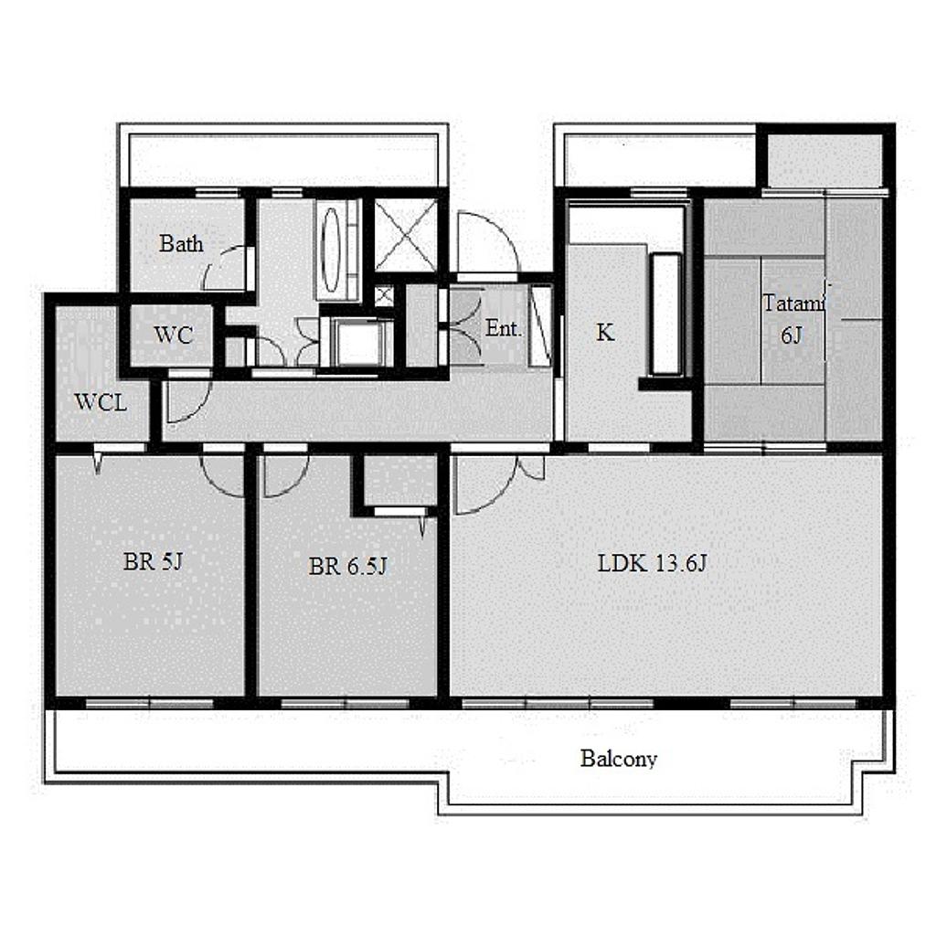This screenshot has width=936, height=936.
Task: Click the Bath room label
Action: [181, 243]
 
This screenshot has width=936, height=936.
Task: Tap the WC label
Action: [173, 335]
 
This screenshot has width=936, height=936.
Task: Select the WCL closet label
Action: [101, 402]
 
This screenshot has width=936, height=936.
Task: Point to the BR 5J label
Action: [153, 562]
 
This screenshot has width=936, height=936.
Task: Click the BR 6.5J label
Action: [348, 566]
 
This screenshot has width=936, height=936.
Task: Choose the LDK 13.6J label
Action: [652, 563]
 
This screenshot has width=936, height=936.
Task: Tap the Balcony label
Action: [619, 759]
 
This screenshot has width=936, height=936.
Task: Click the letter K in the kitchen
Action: [605, 333]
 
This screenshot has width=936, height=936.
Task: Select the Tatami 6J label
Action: [793, 319]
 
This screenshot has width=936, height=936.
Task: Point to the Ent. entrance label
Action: [504, 328]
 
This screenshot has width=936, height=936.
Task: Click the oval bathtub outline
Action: [331, 249]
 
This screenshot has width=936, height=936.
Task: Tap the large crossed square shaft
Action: [406, 235]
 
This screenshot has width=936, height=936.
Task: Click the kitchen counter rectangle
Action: [665, 314]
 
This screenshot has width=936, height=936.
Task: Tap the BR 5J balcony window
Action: [149, 703]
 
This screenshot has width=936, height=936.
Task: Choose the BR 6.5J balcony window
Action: [345, 703]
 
